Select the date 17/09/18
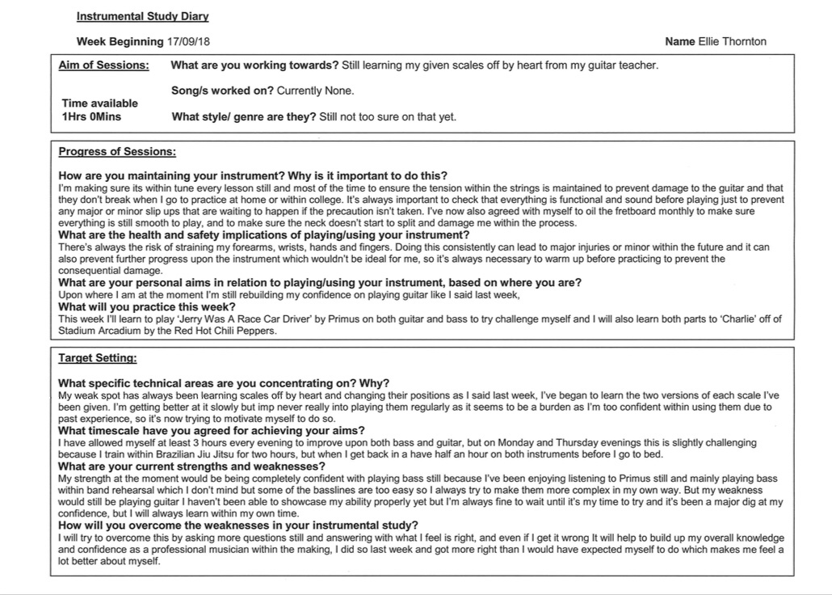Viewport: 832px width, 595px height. [191, 41]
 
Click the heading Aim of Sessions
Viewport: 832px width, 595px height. [104, 65]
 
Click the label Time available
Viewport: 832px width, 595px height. [99, 103]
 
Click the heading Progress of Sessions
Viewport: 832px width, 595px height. [117, 151]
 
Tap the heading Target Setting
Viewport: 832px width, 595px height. [98, 357]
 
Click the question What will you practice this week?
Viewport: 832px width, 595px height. [148, 307]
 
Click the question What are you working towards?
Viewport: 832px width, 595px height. [255, 65]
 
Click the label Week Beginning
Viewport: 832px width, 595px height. [120, 41]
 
